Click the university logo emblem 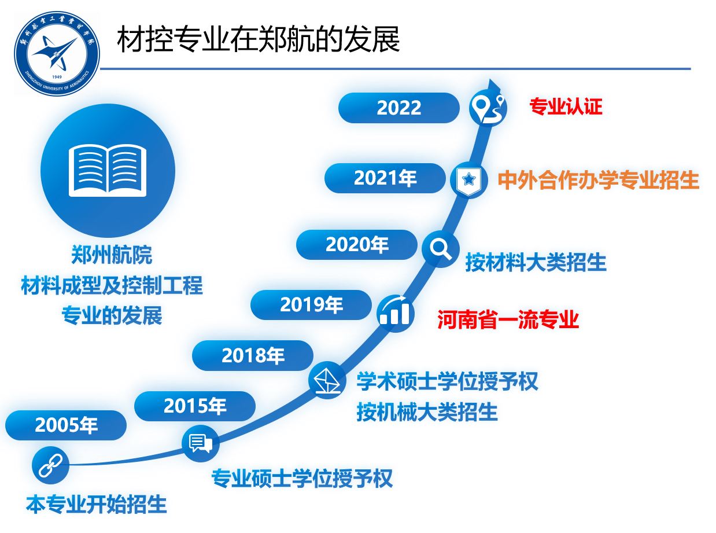tap(57, 54)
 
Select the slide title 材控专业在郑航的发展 tap(259, 40)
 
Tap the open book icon tap(108, 170)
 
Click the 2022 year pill tap(398, 108)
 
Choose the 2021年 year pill tap(385, 178)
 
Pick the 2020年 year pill tap(357, 245)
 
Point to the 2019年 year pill tap(311, 304)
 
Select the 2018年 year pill tap(253, 355)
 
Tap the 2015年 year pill tap(195, 406)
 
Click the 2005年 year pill tap(66, 425)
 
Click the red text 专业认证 tap(566, 106)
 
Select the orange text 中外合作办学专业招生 tap(598, 180)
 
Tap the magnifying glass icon tap(440, 249)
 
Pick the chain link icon tap(51, 465)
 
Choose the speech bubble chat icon tap(201, 443)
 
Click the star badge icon tap(468, 180)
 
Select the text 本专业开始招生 tap(96, 504)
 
